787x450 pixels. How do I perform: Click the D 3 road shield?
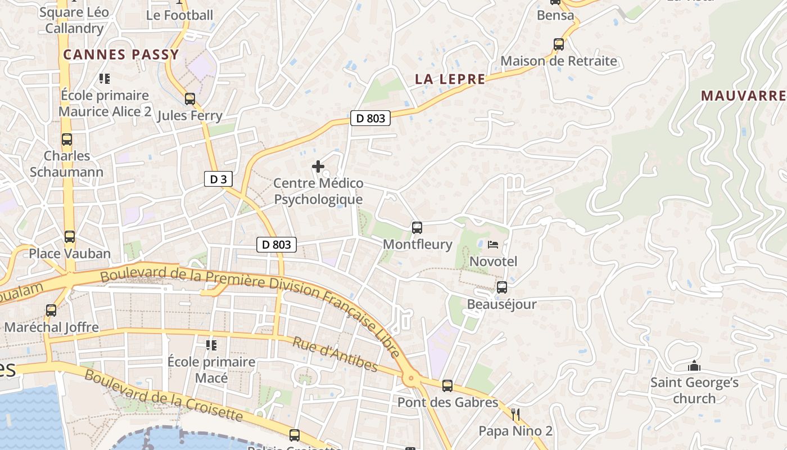[218, 179]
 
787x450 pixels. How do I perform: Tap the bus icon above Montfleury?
[417, 228]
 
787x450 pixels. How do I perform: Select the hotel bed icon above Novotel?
[493, 245]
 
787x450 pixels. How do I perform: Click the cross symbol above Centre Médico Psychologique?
[318, 166]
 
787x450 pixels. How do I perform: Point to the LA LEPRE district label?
[450, 79]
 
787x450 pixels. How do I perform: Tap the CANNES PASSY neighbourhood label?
[121, 55]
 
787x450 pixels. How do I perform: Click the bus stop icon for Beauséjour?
[502, 287]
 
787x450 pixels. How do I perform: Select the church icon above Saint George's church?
[694, 366]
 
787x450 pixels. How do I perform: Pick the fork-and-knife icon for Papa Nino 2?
[515, 415]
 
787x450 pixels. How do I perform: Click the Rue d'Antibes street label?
[336, 354]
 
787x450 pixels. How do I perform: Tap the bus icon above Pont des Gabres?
[447, 386]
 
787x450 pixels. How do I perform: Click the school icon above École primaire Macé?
[211, 345]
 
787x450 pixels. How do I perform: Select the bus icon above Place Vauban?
[69, 237]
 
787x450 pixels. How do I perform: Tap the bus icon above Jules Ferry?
[190, 99]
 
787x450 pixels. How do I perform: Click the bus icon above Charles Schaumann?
[67, 139]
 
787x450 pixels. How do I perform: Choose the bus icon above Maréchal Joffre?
[51, 310]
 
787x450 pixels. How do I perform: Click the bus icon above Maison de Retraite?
[559, 44]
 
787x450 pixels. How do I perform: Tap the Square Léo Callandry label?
[74, 21]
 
